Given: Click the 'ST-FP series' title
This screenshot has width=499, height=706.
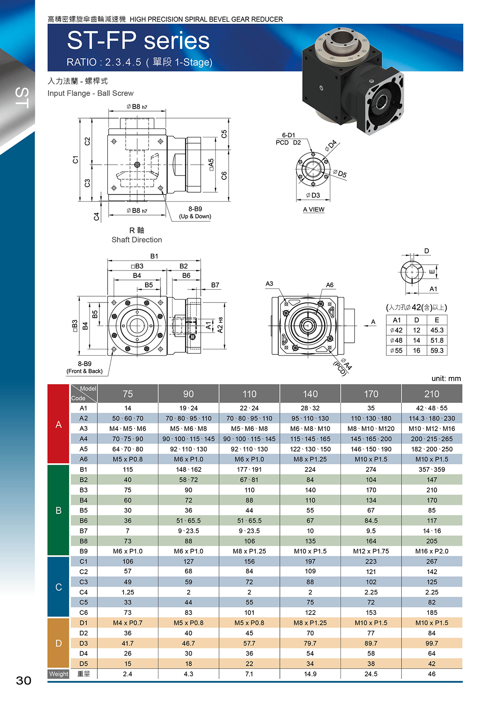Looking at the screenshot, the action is click(138, 40).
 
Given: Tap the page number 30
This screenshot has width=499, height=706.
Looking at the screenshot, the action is click(24, 681).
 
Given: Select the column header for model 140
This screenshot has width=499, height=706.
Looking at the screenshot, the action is click(310, 394).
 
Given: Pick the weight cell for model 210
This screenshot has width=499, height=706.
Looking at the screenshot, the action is click(432, 674).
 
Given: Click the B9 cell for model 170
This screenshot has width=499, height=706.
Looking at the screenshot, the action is click(371, 551).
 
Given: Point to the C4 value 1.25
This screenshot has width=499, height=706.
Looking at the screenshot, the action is click(128, 592).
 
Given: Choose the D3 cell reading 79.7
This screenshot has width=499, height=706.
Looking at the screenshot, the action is click(310, 643).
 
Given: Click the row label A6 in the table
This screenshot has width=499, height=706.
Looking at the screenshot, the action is click(84, 459).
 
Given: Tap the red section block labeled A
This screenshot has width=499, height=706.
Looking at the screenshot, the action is click(58, 424).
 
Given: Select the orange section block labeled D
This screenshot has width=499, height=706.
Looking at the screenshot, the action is click(58, 643).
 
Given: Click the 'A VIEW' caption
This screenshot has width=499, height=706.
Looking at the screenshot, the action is click(314, 209).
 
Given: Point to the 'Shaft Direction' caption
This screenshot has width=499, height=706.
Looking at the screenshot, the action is click(137, 240).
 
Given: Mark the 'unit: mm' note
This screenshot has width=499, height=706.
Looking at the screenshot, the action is click(446, 378).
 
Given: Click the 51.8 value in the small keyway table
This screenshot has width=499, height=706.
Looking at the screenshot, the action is click(437, 340).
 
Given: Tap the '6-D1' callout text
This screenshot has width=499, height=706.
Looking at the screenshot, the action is click(288, 135).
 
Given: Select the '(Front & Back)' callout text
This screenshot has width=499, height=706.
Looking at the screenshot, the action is click(84, 371).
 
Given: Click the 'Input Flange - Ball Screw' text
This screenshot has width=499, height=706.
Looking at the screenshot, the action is click(90, 93).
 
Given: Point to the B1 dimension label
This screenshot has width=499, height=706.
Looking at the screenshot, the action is click(154, 256).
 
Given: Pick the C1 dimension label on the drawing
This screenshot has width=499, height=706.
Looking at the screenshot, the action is click(75, 160).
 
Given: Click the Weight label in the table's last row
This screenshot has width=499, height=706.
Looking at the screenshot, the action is click(59, 674).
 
